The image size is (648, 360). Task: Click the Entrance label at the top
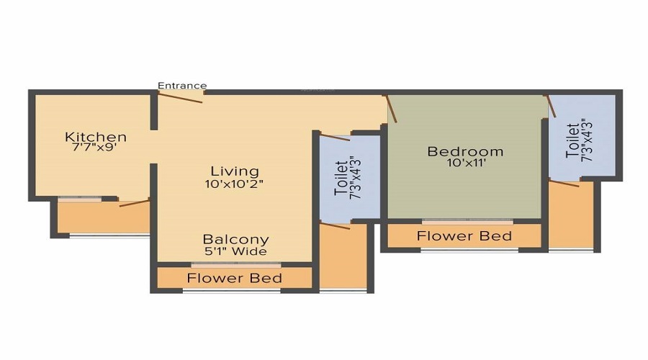point(182,86)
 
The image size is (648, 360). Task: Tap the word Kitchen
point(96,137)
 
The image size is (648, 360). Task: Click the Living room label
point(234,171)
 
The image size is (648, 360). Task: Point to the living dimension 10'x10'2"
point(234,184)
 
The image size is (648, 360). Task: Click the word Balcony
point(235,239)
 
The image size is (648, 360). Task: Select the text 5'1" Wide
point(235,251)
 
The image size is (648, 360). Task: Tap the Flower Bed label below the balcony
point(235,278)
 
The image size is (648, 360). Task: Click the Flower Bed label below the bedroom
point(464,236)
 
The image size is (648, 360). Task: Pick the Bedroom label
point(465,151)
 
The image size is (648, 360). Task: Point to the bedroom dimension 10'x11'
point(465,163)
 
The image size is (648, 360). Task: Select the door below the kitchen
point(134,202)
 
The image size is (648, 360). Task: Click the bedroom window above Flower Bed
point(467,220)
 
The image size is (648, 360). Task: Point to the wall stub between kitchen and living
point(153,112)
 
